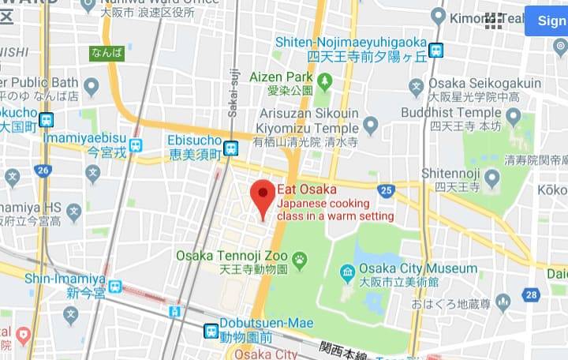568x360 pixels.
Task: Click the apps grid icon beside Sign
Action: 494,21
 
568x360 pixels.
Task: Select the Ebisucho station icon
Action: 230,148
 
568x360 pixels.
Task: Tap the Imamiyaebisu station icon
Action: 136,145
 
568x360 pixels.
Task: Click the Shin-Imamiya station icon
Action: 116,287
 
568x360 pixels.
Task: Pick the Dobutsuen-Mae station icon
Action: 211,331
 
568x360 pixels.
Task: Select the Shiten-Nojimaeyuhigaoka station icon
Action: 435,51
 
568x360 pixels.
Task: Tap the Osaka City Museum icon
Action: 348,272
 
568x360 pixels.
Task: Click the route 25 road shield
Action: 386,190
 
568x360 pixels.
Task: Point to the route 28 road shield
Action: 531,294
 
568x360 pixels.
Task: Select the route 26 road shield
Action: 43,170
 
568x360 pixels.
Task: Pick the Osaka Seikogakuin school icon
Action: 417,86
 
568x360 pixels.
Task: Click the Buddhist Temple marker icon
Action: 514,118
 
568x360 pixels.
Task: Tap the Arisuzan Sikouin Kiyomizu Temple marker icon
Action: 370,125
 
